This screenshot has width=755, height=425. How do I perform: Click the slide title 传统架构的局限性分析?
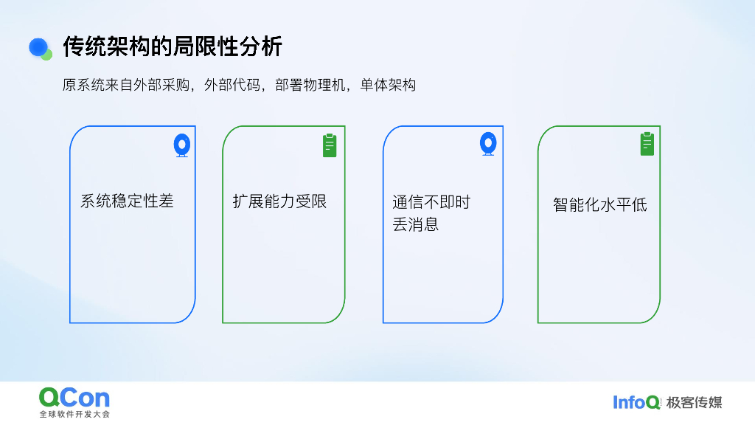173,47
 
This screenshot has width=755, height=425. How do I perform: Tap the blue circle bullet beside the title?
38,46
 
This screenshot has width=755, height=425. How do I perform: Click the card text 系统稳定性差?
127,201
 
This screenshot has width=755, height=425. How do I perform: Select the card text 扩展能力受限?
279,201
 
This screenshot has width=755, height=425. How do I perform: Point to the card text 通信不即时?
431,202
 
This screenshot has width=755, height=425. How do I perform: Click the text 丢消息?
416,224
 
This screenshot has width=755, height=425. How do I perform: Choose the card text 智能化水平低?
600,205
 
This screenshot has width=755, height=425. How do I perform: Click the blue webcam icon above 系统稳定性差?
181,145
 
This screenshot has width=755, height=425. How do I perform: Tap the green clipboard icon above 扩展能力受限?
330,145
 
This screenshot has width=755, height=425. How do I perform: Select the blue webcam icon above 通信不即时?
488,144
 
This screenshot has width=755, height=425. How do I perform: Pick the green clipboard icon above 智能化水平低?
647,144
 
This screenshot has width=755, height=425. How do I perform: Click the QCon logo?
74,398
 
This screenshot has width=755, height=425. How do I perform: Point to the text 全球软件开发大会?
74,415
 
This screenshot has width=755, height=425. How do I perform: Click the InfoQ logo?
636,402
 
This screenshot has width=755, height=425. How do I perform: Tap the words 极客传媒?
694,402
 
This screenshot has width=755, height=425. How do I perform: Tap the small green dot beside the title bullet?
47,54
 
